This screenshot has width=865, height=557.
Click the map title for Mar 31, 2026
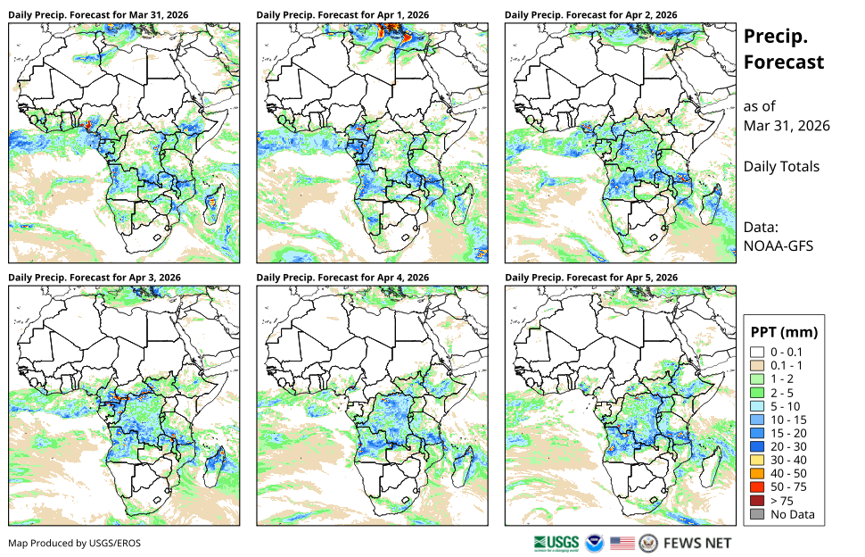pos(98,15)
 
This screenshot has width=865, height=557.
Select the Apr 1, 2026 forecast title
pos(342,15)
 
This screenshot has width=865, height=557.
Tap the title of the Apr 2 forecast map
pos(591,15)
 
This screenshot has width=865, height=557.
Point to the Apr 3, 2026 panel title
pos(95,278)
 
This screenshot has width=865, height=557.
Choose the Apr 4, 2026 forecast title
pos(342,278)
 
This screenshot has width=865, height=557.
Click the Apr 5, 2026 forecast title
pos(591,278)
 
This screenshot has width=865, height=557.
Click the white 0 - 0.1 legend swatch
pos(757,353)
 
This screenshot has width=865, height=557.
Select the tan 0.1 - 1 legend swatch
pos(757,365)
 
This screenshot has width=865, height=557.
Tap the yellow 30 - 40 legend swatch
pos(757,461)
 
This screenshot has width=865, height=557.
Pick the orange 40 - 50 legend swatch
pos(757,474)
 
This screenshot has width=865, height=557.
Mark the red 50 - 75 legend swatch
pos(757,487)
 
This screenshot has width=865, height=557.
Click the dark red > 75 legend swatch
pos(757,501)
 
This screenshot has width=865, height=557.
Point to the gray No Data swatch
pos(757,514)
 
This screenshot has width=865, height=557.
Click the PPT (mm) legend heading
pos(784,332)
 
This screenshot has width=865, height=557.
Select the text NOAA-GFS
pos(778,245)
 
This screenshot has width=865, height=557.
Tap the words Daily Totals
pos(781,167)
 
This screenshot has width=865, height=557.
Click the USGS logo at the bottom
pos(556,544)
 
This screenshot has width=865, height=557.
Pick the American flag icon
pos(622,544)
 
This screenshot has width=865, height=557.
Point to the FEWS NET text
pos(697,544)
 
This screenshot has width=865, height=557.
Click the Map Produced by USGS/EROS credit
pos(75,544)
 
